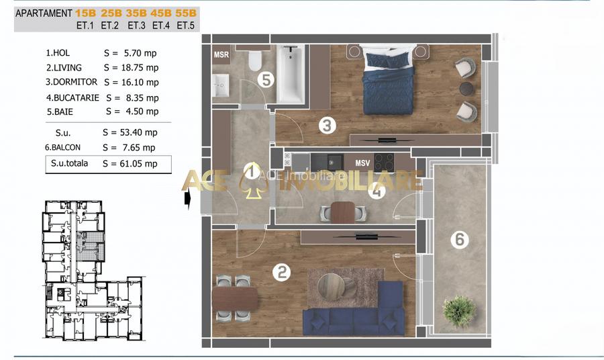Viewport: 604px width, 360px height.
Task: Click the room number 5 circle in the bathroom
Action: pyautogui.click(x=266, y=80)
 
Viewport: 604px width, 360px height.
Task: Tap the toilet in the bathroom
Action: pyautogui.click(x=254, y=59)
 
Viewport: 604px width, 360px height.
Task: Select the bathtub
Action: pyautogui.click(x=291, y=74)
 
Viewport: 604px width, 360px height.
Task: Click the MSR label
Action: pyautogui.click(x=221, y=54)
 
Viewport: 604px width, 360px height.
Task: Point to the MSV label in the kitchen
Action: pyautogui.click(x=362, y=163)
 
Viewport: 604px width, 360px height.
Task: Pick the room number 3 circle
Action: pyautogui.click(x=327, y=126)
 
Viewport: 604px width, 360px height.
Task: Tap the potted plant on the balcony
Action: pyautogui.click(x=459, y=311)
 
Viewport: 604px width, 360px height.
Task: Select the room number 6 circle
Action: pyautogui.click(x=460, y=239)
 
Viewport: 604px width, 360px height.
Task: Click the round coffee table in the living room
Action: pyautogui.click(x=332, y=286)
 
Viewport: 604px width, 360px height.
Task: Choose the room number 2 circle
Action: pyautogui.click(x=282, y=273)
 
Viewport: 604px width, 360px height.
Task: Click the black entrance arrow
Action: pyautogui.click(x=188, y=199)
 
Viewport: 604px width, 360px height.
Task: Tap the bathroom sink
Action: pyautogui.click(x=221, y=85)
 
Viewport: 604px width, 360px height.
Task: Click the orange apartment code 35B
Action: pyautogui.click(x=136, y=13)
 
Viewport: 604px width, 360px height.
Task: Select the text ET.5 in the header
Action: pyautogui.click(x=186, y=26)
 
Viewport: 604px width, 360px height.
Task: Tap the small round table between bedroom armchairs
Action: pyautogui.click(x=466, y=88)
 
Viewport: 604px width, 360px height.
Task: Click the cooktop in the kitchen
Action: pyautogui.click(x=383, y=163)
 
